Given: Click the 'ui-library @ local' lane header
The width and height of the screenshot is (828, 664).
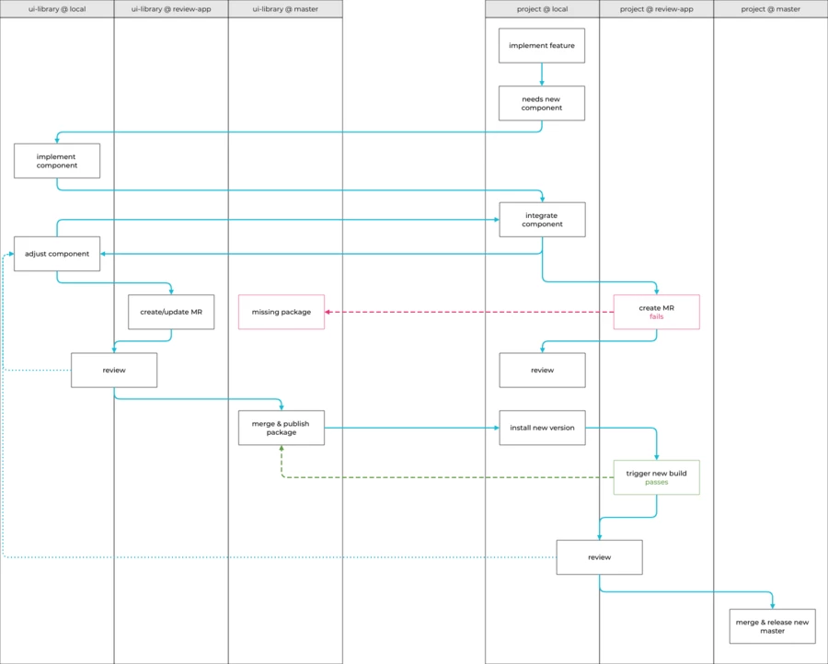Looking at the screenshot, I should click(x=57, y=9).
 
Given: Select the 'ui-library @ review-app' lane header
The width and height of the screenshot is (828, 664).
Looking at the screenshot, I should click(x=171, y=9).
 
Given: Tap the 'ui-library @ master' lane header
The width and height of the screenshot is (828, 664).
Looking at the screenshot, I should click(x=285, y=9).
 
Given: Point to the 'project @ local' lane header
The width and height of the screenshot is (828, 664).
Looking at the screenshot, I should click(x=542, y=9).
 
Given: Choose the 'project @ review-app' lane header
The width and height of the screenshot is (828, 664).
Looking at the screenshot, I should click(x=656, y=9).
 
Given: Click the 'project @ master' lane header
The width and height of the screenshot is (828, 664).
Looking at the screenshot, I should click(x=770, y=9).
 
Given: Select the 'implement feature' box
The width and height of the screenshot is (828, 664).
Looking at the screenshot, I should click(x=542, y=45).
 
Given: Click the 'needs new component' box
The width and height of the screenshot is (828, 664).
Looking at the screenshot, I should click(x=542, y=103).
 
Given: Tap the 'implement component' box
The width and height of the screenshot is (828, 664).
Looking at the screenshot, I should click(x=57, y=161).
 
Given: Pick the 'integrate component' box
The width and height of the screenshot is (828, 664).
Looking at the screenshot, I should click(x=542, y=219).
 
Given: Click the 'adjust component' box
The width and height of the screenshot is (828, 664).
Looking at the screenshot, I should click(x=57, y=254).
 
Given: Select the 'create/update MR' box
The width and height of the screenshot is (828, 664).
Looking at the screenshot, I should click(x=171, y=312).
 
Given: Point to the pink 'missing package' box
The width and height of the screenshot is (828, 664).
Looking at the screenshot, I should click(x=282, y=312).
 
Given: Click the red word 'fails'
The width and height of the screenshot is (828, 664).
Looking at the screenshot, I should click(x=656, y=316).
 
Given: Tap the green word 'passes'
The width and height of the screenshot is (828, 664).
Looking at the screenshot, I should click(x=656, y=482).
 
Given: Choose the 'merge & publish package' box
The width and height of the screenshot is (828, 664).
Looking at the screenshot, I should click(x=282, y=428).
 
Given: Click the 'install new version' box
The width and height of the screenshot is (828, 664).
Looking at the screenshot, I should click(x=542, y=428).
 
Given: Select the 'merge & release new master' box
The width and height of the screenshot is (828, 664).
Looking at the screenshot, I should click(x=772, y=626).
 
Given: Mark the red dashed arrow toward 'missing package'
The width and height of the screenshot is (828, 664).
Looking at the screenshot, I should click(x=469, y=312).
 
